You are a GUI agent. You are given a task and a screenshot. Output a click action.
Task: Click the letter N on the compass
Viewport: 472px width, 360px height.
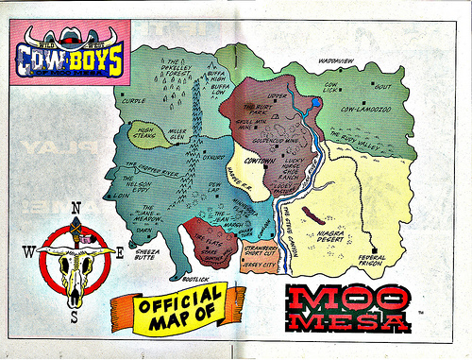click(75, 208)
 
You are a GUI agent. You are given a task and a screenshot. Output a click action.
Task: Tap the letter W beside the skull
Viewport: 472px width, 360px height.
click(28, 250)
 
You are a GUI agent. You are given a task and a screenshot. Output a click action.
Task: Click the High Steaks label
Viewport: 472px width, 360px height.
click(144, 134)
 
